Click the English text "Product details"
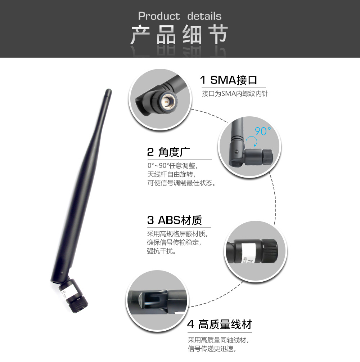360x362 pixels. (180, 16)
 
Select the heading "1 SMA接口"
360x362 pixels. (229, 80)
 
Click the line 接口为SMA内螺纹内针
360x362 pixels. (235, 94)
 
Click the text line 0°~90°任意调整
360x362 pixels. (172, 166)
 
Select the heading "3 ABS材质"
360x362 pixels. (175, 220)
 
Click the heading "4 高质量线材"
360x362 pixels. (219, 325)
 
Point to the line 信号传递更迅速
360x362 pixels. (212, 348)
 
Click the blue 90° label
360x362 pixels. (262, 131)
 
